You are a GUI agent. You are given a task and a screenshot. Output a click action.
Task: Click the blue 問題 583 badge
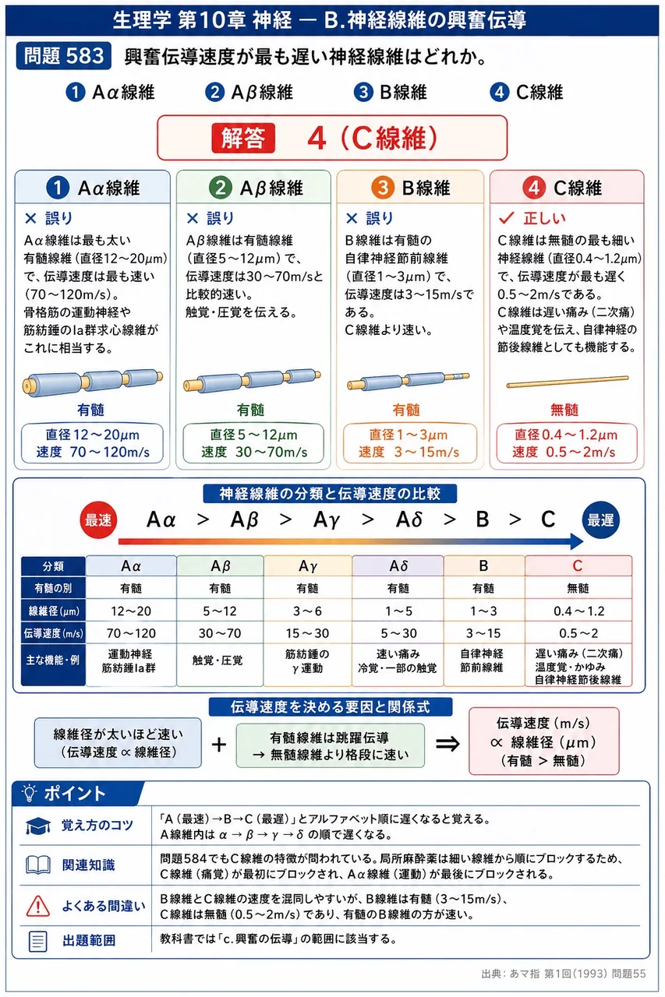[64, 56]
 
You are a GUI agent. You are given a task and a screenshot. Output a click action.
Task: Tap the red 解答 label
[243, 138]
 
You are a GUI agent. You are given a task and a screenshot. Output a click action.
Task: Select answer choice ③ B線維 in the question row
[390, 92]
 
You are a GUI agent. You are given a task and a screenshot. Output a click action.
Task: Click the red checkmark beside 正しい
[507, 218]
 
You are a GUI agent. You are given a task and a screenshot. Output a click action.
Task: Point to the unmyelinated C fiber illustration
[568, 382]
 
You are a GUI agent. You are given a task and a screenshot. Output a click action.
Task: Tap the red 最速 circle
[98, 520]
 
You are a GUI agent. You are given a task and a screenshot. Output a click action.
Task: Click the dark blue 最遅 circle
[600, 520]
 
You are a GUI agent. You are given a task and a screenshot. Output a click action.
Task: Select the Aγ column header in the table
[308, 565]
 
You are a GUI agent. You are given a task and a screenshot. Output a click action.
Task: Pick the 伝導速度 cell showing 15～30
[308, 633]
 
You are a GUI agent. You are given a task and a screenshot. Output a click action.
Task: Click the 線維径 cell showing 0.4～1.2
[578, 611]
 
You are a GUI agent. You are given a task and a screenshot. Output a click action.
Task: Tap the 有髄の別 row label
[54, 588]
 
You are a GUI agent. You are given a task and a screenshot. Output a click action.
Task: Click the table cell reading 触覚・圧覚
[220, 661]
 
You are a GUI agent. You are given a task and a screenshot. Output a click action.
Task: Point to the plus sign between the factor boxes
[219, 744]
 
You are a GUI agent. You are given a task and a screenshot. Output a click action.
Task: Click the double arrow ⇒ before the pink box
[447, 743]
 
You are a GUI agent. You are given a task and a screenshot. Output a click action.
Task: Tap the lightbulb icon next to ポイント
[30, 793]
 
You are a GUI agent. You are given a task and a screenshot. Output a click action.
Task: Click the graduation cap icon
[38, 826]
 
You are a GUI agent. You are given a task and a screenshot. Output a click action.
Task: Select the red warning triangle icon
[38, 906]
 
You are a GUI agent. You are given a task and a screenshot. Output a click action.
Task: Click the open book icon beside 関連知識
[38, 865]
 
